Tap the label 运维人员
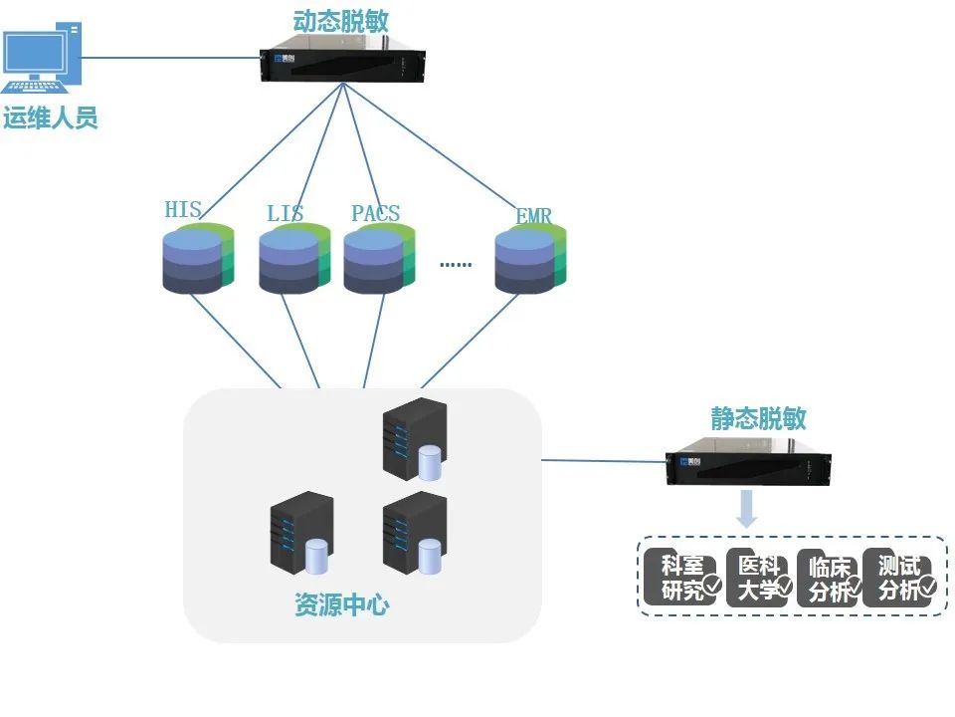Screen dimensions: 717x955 (51, 119)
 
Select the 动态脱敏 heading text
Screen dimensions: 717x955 (342, 21)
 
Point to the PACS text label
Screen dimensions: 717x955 (375, 213)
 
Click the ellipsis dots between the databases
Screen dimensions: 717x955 (456, 265)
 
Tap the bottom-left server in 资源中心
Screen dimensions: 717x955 (300, 534)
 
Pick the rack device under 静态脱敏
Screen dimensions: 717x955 (748, 467)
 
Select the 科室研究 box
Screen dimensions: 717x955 (680, 578)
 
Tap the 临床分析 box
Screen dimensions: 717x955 (829, 579)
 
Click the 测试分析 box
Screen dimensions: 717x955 (899, 578)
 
